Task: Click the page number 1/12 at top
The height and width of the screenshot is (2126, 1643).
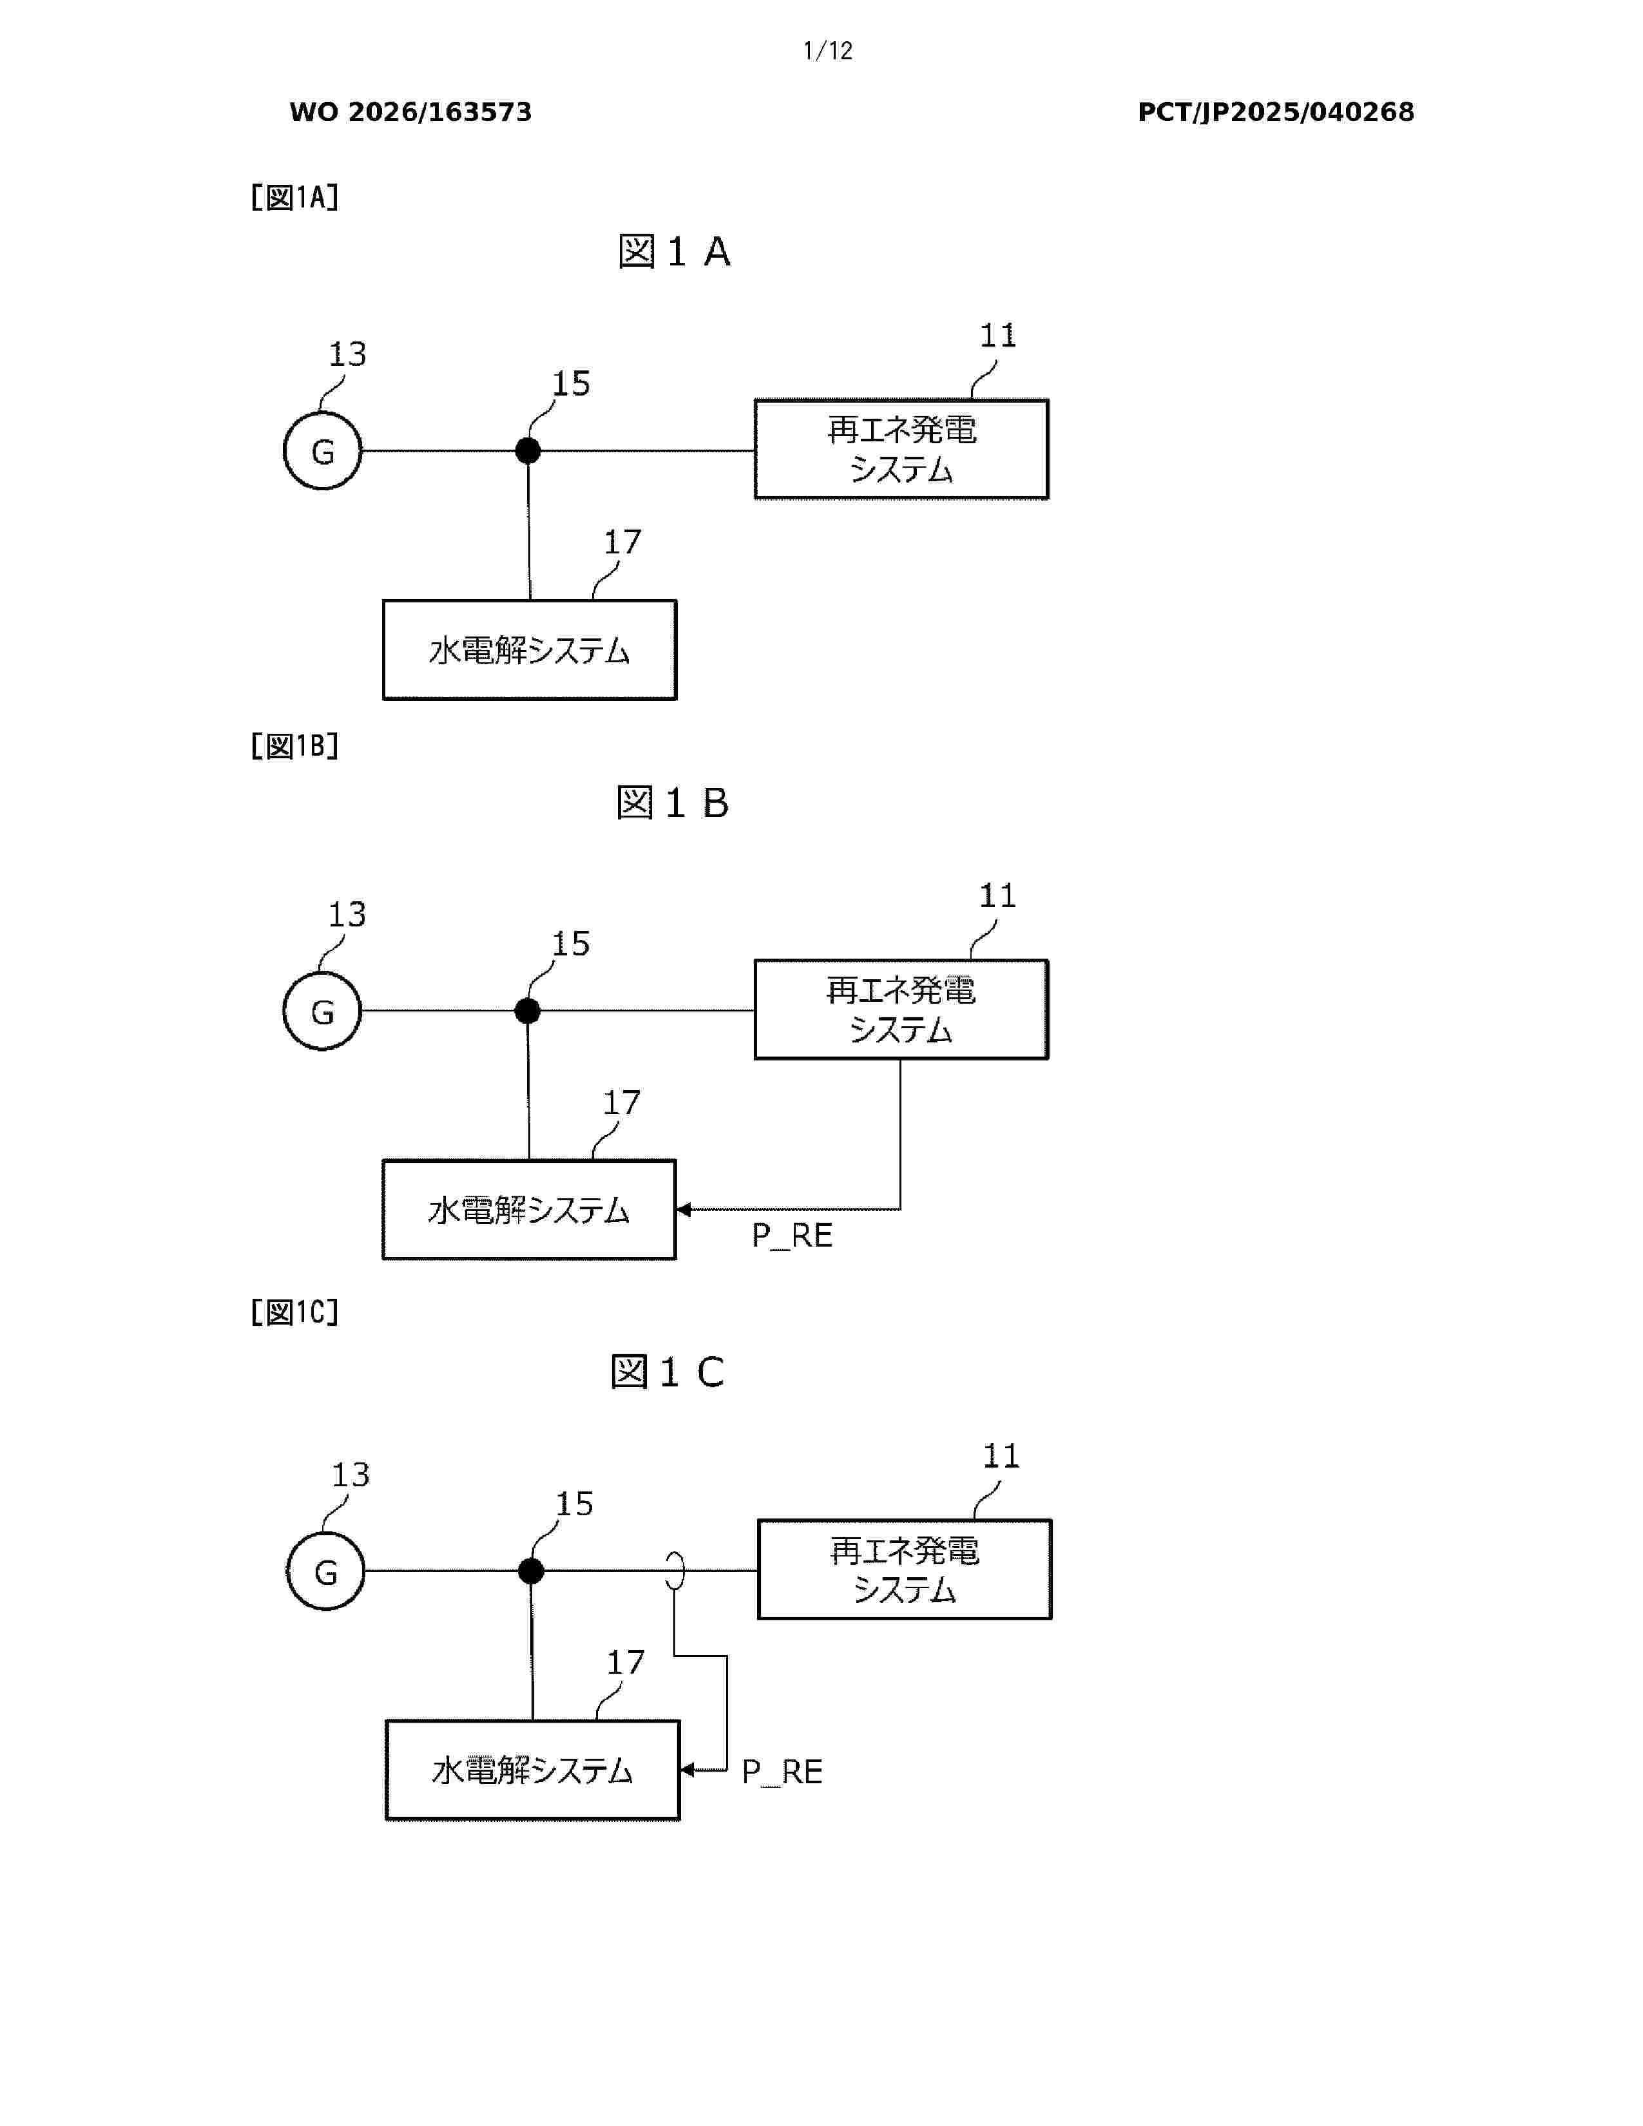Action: pyautogui.click(x=827, y=51)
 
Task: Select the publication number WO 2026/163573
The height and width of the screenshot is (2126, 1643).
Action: pyautogui.click(x=411, y=112)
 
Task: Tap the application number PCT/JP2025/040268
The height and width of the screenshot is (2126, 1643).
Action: pyautogui.click(x=1276, y=112)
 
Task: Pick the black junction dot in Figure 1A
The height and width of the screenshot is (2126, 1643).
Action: pyautogui.click(x=528, y=451)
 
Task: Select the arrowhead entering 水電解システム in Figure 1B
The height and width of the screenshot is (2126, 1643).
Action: pyautogui.click(x=683, y=1210)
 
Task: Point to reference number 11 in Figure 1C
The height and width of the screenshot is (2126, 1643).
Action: pyautogui.click(x=1001, y=1455)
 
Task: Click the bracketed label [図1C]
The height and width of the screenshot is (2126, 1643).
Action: pyautogui.click(x=295, y=1312)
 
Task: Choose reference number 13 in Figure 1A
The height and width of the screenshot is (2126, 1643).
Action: pyautogui.click(x=347, y=353)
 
